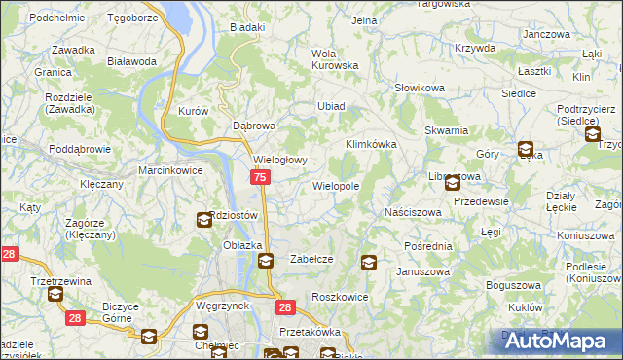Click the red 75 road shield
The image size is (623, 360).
pos(260,177)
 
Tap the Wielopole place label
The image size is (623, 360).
pos(336,185)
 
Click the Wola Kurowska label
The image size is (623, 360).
pos(335,59)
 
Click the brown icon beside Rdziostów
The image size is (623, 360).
pos(203,220)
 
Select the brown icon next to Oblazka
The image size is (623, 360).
pos(266,261)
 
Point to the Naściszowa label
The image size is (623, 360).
pos(413,211)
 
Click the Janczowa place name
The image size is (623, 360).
pos(545,34)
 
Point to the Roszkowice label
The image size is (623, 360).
pos(338,296)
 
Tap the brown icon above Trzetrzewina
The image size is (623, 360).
pos(55,293)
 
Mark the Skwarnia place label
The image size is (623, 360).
pos(447,130)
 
